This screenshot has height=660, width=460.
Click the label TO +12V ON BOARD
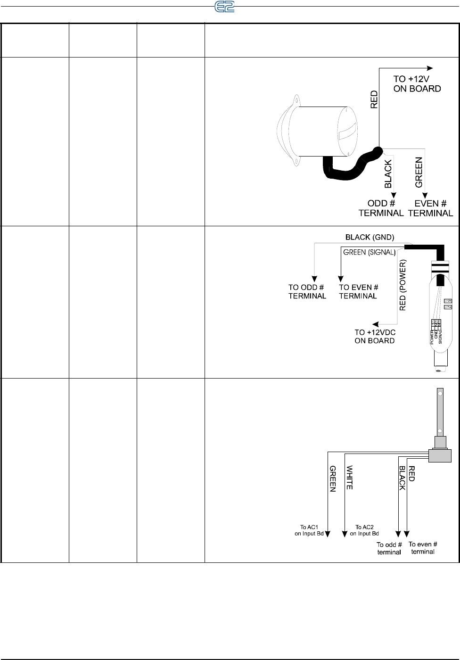click(417, 84)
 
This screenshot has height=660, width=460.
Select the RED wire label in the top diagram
click(374, 100)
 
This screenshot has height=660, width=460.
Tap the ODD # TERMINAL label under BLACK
click(381, 208)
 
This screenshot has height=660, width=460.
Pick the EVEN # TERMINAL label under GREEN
click(430, 208)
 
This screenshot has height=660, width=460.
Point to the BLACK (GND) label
click(370, 237)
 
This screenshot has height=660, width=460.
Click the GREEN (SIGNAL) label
click(369, 252)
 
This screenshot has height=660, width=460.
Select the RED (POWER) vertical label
click(402, 285)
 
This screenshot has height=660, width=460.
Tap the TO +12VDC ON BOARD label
click(375, 336)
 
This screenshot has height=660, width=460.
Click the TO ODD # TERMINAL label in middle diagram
click(307, 291)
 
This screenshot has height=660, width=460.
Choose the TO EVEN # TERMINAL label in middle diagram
click(358, 291)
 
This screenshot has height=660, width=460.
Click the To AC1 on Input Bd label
click(309, 530)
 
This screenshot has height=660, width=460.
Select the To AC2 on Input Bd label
click(364, 530)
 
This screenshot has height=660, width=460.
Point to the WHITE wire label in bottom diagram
click(350, 477)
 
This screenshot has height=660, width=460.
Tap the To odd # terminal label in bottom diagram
click(389, 548)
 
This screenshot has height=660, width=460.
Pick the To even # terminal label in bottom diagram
click(423, 547)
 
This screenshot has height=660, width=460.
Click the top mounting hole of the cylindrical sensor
click(297, 99)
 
